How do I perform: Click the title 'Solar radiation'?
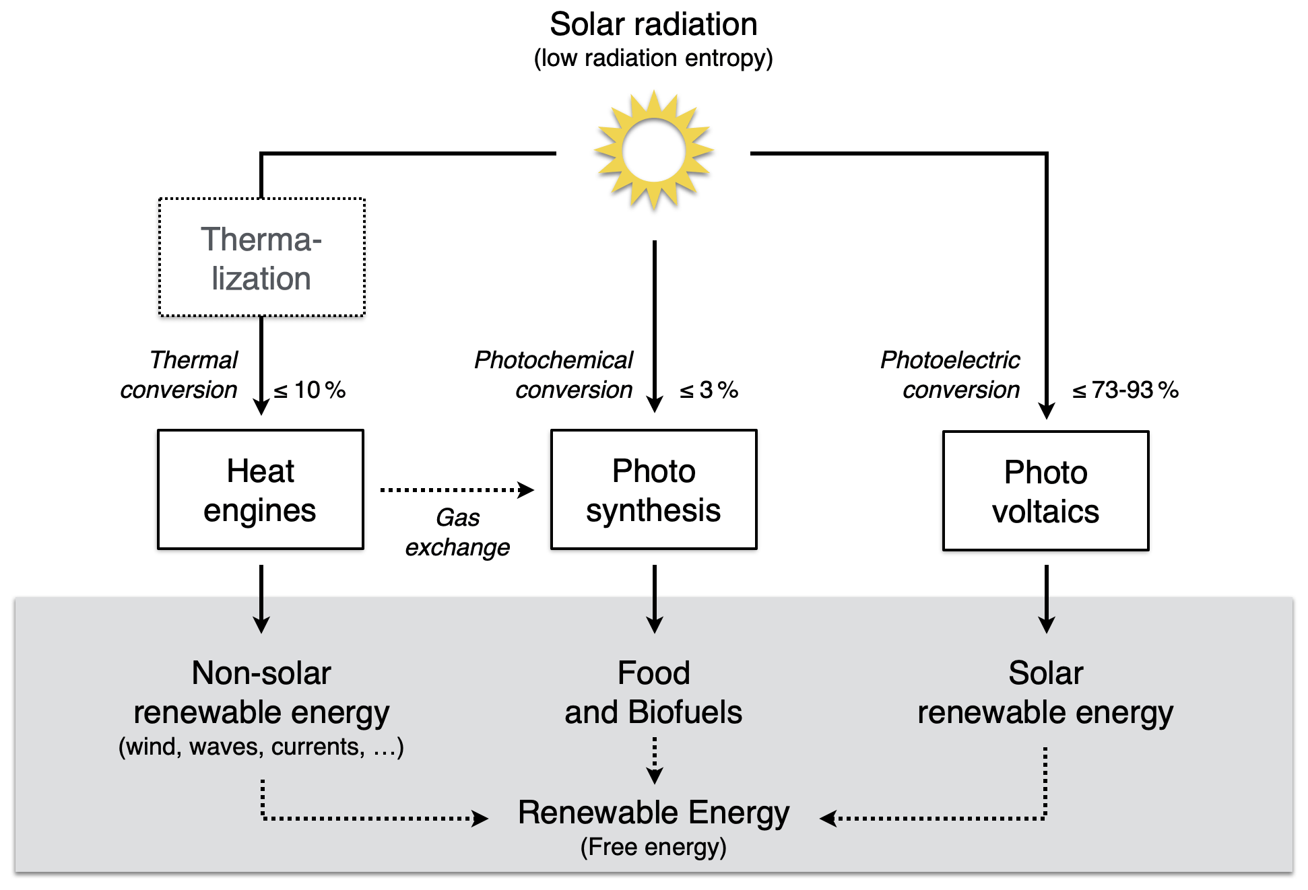click(653, 25)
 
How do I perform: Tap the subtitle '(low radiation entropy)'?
click(653, 59)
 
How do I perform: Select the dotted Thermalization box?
click(261, 258)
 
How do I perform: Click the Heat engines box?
click(261, 490)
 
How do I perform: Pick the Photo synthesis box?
click(653, 490)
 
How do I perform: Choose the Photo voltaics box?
click(1045, 491)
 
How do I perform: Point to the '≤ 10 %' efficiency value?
click(310, 390)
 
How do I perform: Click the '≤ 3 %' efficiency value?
click(709, 390)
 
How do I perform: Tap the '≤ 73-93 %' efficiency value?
click(1125, 390)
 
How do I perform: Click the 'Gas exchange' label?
click(457, 533)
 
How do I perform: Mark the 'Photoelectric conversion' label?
click(951, 375)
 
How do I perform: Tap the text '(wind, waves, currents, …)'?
click(261, 747)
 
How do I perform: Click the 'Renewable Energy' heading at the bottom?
click(653, 813)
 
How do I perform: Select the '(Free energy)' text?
click(653, 847)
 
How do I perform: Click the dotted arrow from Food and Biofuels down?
click(654, 761)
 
